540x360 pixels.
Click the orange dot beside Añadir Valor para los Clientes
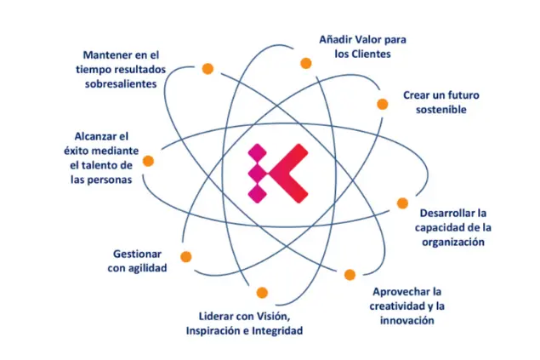306,63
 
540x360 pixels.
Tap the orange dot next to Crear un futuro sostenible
383,104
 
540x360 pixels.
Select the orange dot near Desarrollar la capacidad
402,203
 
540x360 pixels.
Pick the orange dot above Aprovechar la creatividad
350,275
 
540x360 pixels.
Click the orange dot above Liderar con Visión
262,293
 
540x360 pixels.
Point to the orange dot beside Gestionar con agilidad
186,257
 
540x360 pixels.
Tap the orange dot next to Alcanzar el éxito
148,161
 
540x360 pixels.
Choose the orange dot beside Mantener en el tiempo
207,69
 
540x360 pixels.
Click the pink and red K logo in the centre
277,174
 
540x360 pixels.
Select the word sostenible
441,110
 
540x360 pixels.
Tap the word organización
453,243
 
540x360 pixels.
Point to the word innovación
407,321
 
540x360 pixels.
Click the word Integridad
277,331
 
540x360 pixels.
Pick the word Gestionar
137,254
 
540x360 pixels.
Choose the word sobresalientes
121,84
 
